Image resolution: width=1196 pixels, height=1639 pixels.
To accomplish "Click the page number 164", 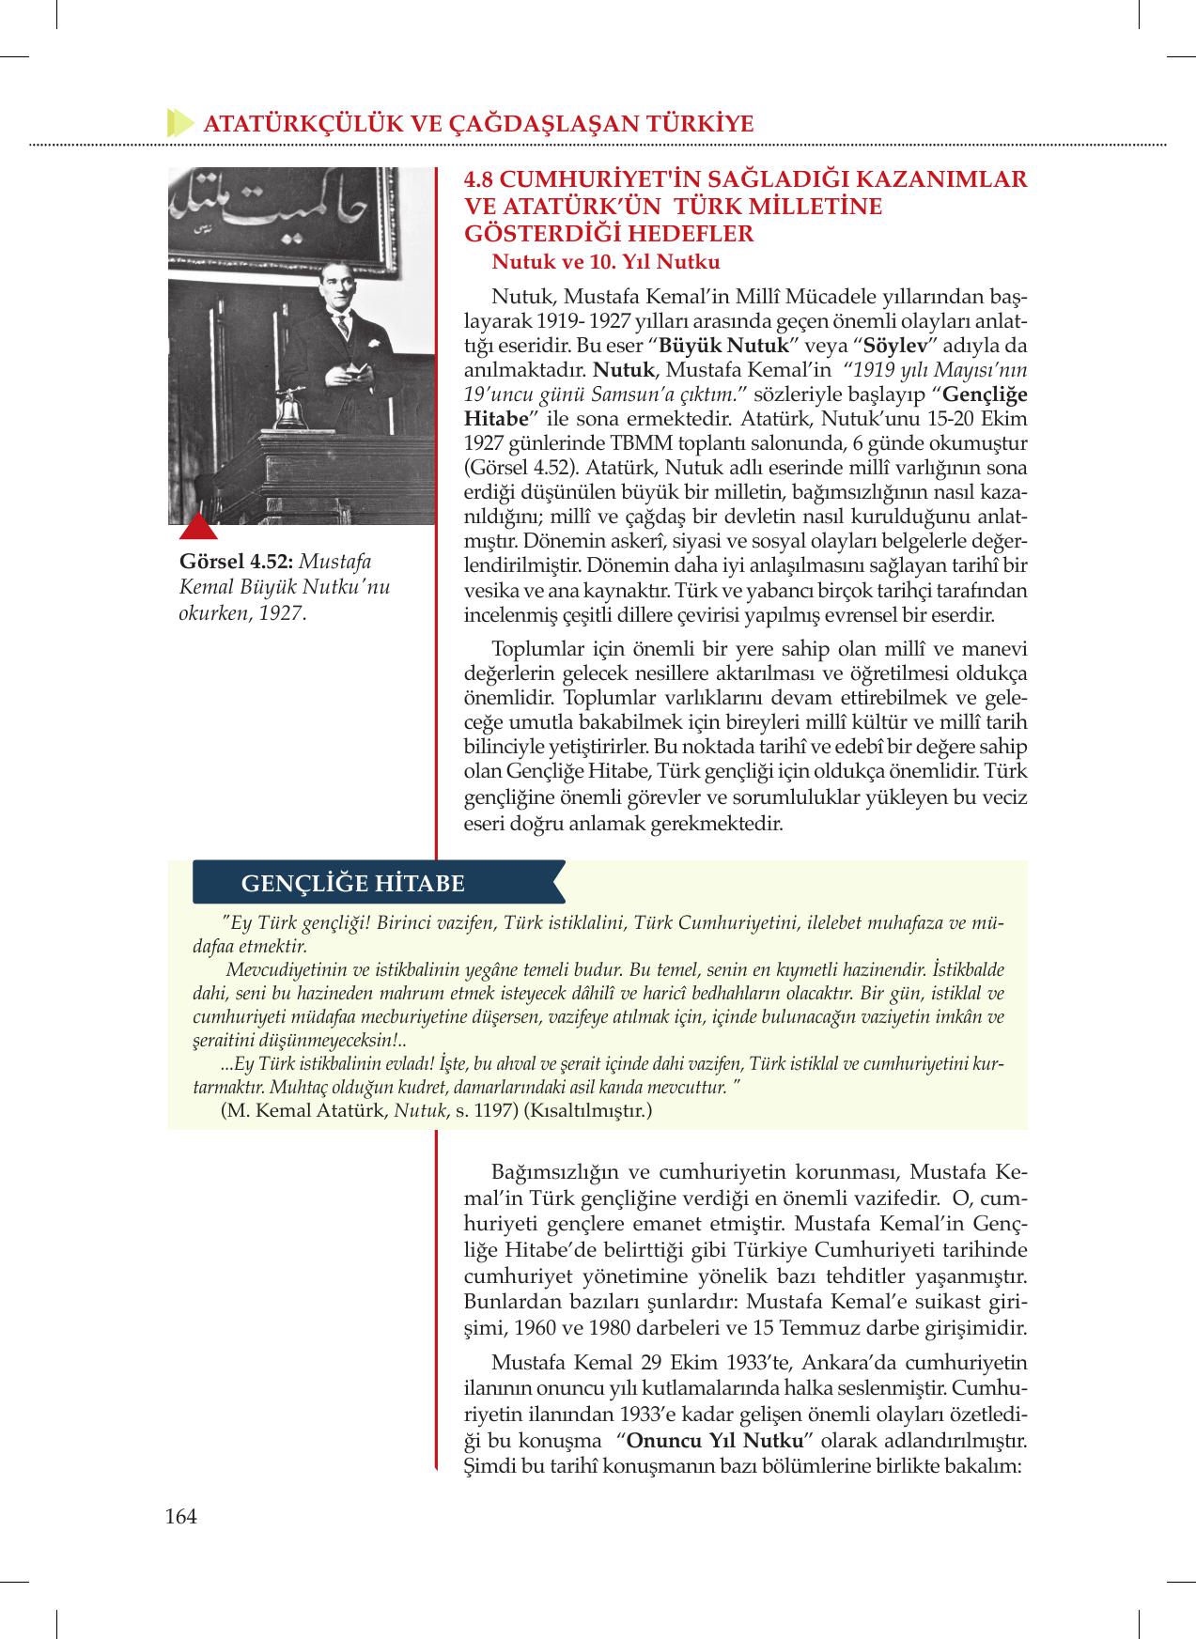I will click(x=180, y=1516).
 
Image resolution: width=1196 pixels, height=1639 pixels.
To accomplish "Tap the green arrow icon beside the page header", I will click(x=179, y=123).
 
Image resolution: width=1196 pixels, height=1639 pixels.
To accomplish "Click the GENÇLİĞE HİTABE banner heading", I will click(x=352, y=883).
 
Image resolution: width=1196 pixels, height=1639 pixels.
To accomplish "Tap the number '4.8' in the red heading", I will click(x=483, y=178).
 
